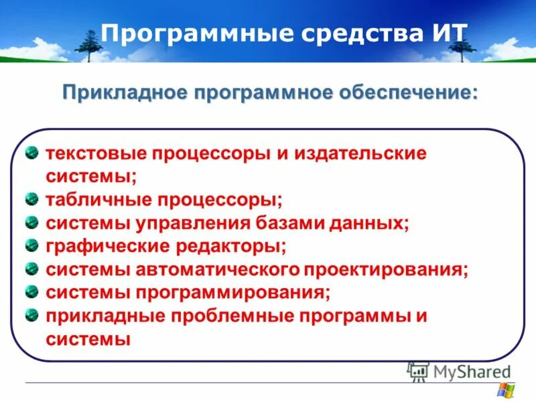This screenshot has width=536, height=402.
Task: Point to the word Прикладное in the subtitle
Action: (122, 92)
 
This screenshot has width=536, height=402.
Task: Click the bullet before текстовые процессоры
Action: (31, 152)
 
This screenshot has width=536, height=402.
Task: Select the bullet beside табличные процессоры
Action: (31, 198)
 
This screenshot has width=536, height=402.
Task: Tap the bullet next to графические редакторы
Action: (31, 245)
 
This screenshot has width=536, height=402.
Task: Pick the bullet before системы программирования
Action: (31, 291)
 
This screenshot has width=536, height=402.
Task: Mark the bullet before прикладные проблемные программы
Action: (31, 314)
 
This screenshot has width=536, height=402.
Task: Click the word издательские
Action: (360, 153)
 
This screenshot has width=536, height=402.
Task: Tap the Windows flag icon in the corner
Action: (505, 390)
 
